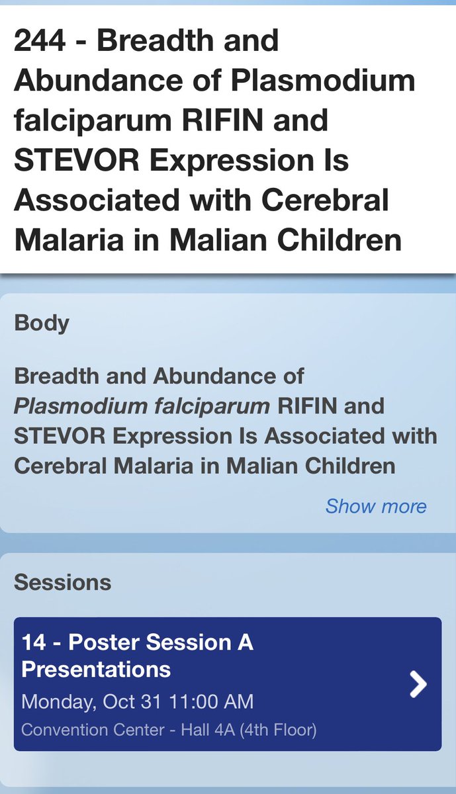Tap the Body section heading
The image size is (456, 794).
coord(41,323)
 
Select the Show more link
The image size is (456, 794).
coord(375,506)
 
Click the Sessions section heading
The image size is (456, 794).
coord(62,582)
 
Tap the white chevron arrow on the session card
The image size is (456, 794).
coord(418,684)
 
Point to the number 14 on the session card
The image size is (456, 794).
coord(34,642)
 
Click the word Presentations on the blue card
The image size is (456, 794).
coord(96,669)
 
